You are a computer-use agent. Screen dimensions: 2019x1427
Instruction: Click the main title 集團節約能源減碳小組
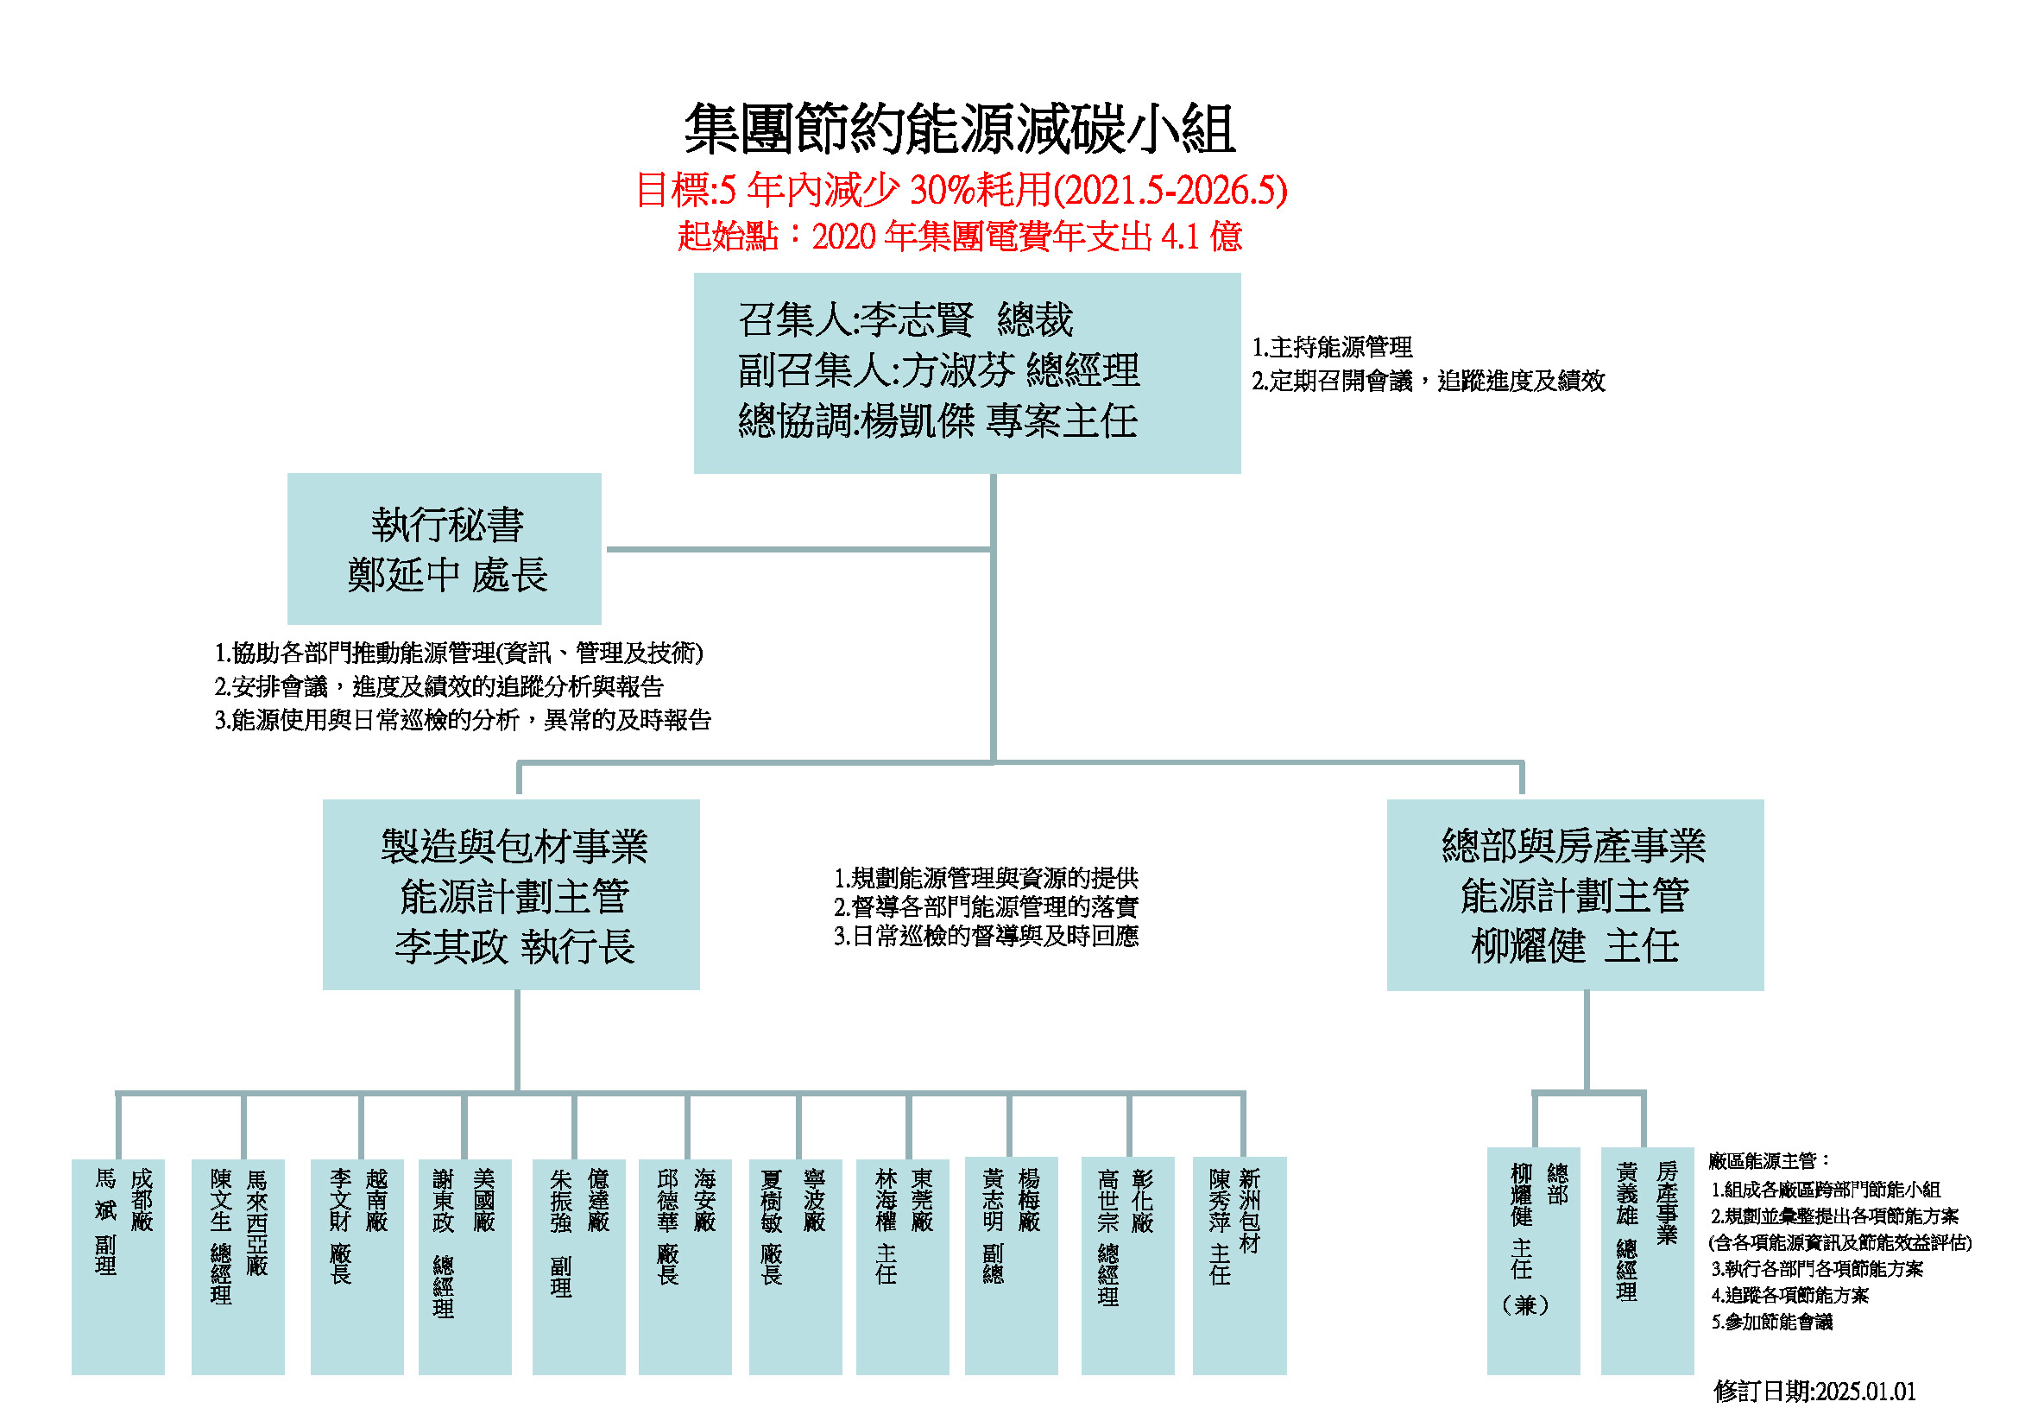point(960,129)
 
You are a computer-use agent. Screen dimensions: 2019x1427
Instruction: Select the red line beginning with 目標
point(961,190)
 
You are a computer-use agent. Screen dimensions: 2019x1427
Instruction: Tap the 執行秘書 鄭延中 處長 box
point(444,549)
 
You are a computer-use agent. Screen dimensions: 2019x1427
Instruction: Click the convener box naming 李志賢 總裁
point(968,373)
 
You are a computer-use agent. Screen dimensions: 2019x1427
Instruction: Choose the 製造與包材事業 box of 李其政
point(511,894)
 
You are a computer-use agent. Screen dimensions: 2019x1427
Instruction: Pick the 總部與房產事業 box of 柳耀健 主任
point(1575,894)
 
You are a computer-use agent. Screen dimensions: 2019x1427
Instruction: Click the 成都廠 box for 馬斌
point(118,1266)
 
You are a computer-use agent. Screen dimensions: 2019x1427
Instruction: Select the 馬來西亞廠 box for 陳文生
point(238,1266)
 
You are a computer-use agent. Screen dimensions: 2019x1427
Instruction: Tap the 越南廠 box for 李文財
point(357,1266)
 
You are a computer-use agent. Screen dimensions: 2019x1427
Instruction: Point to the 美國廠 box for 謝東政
point(465,1266)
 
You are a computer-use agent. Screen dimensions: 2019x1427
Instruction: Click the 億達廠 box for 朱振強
point(578,1266)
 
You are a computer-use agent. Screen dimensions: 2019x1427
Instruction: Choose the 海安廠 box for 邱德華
point(685,1266)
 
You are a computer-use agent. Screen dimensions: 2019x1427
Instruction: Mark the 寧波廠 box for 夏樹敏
point(796,1266)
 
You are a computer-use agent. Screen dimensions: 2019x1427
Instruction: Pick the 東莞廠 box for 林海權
point(903,1266)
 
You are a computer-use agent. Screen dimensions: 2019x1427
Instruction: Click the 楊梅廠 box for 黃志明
point(1012,1266)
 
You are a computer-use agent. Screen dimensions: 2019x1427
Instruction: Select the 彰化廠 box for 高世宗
point(1128,1266)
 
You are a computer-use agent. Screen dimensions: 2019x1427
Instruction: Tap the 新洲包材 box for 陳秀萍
point(1240,1266)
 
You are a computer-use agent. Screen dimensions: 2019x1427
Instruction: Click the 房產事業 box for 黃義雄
point(1648,1261)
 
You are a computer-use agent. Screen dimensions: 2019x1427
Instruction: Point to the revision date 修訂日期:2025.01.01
point(1814,1391)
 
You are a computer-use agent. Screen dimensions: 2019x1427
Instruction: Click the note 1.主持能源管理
point(1332,347)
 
